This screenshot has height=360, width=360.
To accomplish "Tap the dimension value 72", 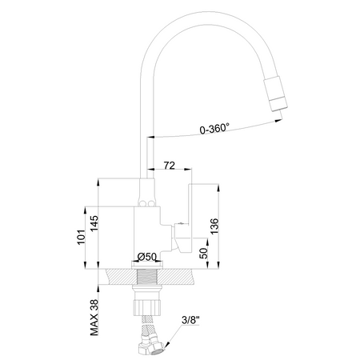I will click(169, 165).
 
